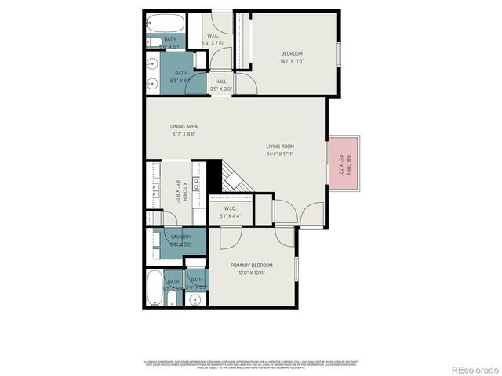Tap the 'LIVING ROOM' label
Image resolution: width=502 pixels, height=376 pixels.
(x=279, y=146)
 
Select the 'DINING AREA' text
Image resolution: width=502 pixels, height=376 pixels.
(x=183, y=127)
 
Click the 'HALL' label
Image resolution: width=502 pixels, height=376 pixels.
(x=220, y=81)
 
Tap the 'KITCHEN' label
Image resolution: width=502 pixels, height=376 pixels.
(x=183, y=189)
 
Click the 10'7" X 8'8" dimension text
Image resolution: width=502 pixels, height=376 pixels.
(x=183, y=134)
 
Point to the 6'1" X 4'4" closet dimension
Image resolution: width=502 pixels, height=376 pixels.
(x=231, y=215)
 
